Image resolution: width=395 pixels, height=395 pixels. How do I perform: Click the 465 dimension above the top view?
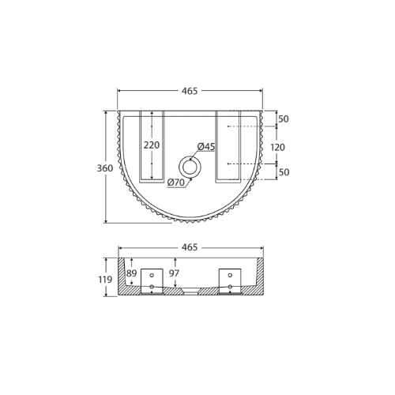[x=190, y=91]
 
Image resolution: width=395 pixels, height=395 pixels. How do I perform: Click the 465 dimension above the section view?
[x=190, y=247]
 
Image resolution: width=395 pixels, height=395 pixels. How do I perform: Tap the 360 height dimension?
[x=104, y=168]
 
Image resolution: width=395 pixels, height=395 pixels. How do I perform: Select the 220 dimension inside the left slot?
[x=152, y=145]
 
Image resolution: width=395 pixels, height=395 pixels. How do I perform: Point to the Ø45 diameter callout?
[x=206, y=146]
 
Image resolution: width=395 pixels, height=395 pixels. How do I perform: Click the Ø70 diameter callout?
[x=176, y=182]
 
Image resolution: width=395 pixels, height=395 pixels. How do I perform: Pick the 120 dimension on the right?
[x=278, y=147]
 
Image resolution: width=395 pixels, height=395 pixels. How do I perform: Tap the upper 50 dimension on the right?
[x=284, y=119]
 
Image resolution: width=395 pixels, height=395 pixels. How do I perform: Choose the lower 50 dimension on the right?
[x=284, y=172]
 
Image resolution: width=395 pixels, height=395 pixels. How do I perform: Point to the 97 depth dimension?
[x=175, y=273]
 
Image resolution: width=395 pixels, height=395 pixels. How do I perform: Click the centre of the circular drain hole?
[x=190, y=167]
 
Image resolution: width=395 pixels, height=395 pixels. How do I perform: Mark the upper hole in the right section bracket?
[x=230, y=276]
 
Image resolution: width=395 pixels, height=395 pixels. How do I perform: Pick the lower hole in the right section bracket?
[x=230, y=287]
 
